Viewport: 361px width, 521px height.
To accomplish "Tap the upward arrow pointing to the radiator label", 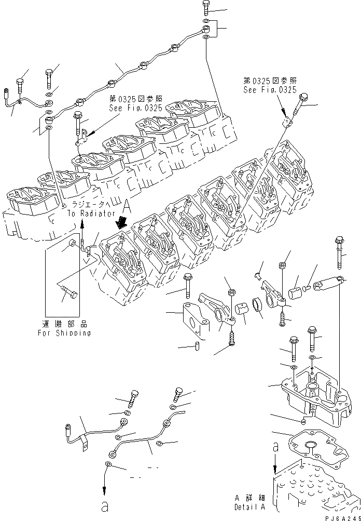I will click(x=82, y=226).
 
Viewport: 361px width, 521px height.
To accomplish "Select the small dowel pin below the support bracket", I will click(x=198, y=346).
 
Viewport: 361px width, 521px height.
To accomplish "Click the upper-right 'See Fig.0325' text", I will click(x=269, y=89).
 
